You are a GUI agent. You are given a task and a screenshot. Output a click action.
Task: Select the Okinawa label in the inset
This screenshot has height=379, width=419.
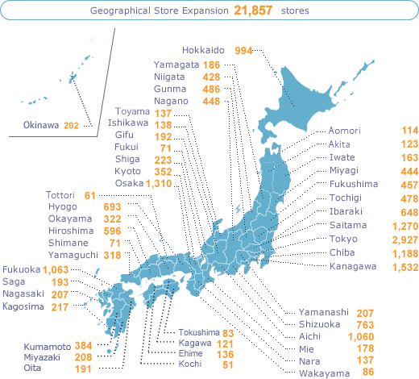(x=39, y=126)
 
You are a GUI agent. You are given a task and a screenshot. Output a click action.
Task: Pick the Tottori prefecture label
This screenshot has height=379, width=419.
(x=60, y=196)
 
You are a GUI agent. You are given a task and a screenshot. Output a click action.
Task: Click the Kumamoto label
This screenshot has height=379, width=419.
(x=47, y=345)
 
